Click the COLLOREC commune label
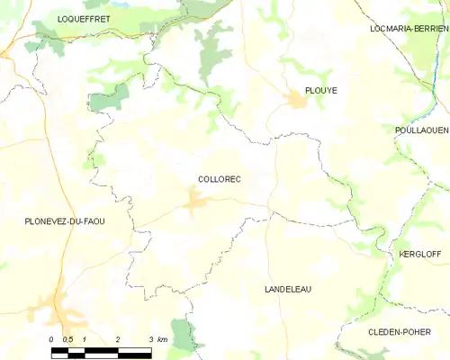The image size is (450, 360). coord(219,179)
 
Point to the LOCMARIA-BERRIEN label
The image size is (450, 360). coord(409,29)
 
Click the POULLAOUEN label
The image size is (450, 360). coord(421,130)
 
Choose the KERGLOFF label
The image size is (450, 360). coord(420,255)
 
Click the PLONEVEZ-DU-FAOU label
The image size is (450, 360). coord(65,221)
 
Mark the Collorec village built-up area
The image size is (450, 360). coord(195,202)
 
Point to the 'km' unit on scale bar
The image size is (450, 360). coord(162,339)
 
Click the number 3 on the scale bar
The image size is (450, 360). coord(150,339)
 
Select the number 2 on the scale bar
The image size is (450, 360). coord(118,339)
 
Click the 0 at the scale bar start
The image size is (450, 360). coord(52,339)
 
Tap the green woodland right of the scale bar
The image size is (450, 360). coord(184,337)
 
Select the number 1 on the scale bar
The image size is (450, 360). coord(85,339)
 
